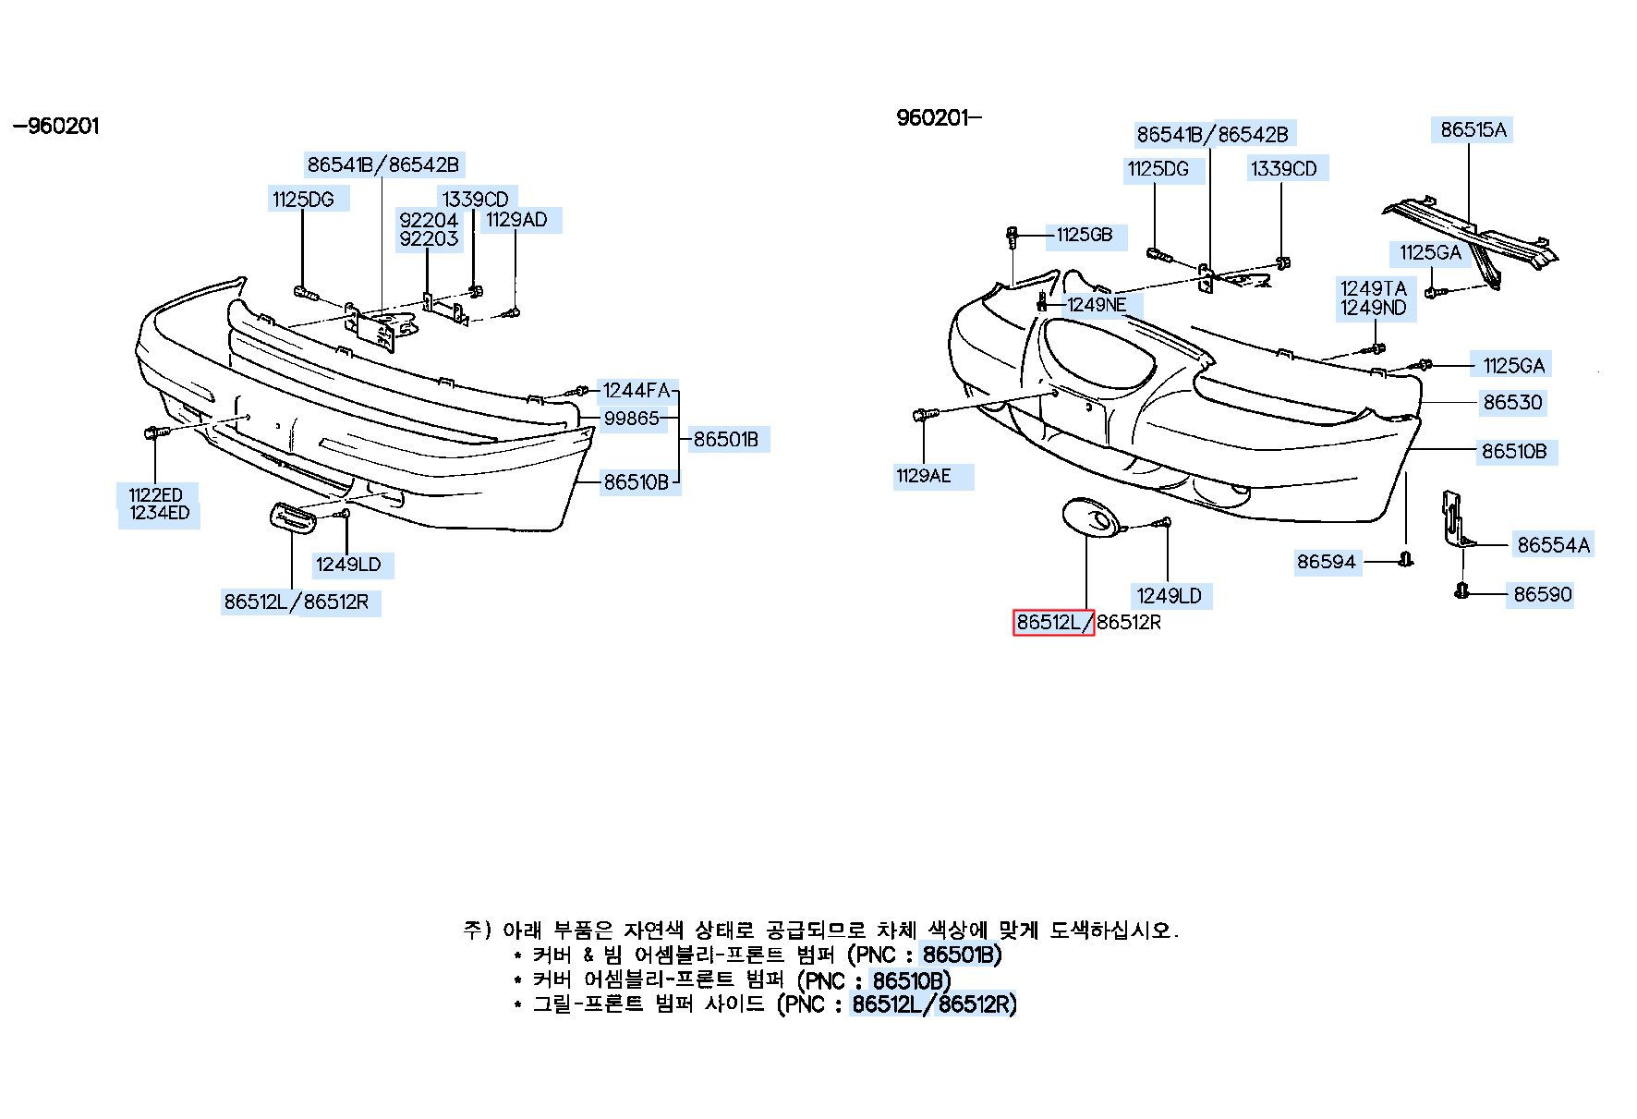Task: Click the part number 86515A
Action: [1473, 130]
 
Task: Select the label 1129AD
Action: [516, 220]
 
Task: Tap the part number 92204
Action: [429, 220]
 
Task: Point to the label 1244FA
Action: [636, 391]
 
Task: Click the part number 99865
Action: [632, 419]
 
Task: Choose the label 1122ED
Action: [155, 494]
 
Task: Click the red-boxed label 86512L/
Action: [1053, 623]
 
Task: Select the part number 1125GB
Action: [1084, 235]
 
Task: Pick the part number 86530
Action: [1512, 403]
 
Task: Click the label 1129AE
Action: [923, 477]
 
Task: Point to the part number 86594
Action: [1326, 562]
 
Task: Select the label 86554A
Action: [1553, 545]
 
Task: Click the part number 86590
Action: [1542, 594]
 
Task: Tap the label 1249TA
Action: [1373, 288]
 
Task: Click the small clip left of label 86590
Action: [1462, 591]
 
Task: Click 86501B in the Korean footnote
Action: [961, 955]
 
